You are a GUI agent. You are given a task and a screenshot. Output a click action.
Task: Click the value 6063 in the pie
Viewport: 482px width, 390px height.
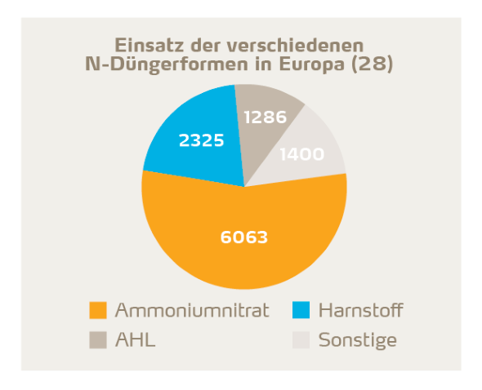(244, 237)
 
